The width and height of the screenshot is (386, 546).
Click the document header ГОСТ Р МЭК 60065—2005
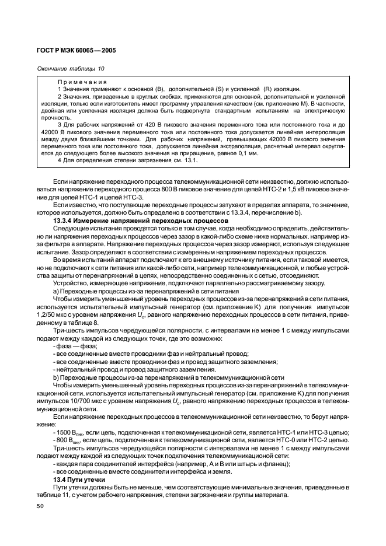click(77, 51)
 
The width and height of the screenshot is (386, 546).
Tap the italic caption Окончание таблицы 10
click(70, 69)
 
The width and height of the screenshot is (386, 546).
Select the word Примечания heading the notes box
click(82, 82)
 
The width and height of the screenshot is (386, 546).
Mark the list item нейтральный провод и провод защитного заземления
click(134, 369)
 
